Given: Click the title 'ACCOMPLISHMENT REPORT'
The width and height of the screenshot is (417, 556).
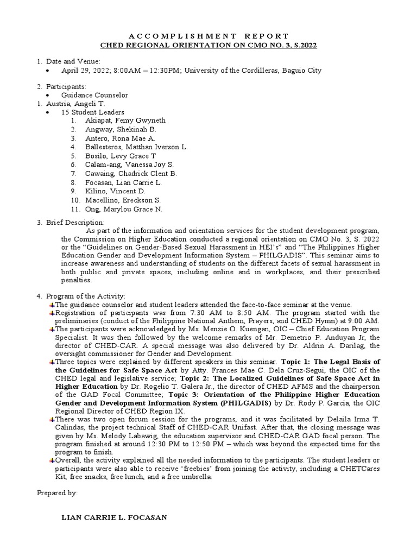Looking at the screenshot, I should pos(208,36).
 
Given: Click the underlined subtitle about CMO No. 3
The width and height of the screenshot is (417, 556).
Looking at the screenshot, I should pos(208,45).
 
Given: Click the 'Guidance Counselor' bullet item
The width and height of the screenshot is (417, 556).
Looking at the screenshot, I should pos(94,95).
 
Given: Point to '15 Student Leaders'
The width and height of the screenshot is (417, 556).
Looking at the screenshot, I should pos(93,112).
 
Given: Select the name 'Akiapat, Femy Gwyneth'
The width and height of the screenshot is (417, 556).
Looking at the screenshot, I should pos(125,121).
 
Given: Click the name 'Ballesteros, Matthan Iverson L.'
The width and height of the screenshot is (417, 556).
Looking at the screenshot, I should pos(136,147).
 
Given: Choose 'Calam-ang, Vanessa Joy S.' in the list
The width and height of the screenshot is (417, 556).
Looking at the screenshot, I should pos(129,165).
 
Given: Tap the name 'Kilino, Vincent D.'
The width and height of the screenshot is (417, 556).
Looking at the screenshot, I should pos(115,191).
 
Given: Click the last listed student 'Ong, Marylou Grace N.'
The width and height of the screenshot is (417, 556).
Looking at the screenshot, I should pos(123,209).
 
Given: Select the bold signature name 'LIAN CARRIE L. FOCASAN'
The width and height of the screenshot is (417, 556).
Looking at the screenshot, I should pos(114,518).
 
